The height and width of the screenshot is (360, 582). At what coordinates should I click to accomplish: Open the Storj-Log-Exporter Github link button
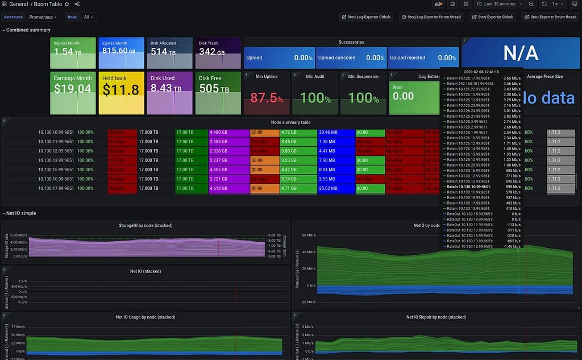click(367, 17)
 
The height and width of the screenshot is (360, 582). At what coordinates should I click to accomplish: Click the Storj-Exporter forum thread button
click(550, 17)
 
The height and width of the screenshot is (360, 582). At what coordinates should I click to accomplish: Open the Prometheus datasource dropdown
click(44, 17)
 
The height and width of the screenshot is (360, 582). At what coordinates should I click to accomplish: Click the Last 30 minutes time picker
click(499, 4)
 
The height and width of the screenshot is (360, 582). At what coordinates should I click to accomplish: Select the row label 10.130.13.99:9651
click(56, 160)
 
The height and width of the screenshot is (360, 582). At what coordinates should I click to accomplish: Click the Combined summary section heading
click(28, 30)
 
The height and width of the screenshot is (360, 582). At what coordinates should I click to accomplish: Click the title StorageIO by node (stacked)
click(146, 225)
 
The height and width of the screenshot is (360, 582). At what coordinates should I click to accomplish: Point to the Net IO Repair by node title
click(436, 317)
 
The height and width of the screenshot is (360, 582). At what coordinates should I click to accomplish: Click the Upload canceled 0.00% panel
click(351, 57)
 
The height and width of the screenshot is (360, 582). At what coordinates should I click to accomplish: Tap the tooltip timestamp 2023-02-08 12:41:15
click(481, 72)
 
